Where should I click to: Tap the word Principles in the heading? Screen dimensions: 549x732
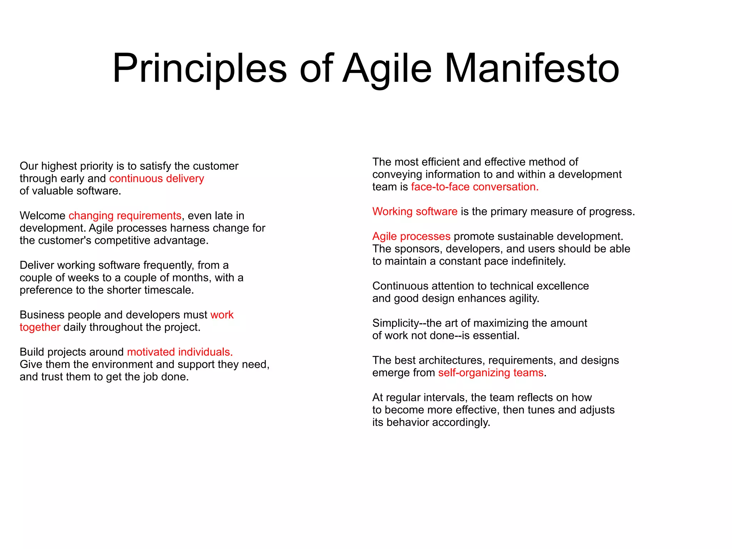click(x=199, y=68)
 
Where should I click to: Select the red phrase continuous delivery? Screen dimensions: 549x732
click(x=157, y=178)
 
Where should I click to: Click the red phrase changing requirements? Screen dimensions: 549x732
click(x=125, y=216)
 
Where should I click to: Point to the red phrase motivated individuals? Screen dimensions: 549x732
click(x=180, y=352)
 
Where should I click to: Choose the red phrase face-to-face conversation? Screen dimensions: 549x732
click(x=475, y=187)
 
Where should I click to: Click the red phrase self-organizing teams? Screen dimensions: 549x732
click(x=491, y=373)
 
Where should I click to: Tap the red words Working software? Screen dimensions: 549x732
click(x=415, y=211)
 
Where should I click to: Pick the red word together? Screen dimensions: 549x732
click(x=40, y=327)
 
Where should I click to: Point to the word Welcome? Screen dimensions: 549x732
click(x=43, y=216)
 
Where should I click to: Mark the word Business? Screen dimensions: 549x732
click(x=42, y=315)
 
